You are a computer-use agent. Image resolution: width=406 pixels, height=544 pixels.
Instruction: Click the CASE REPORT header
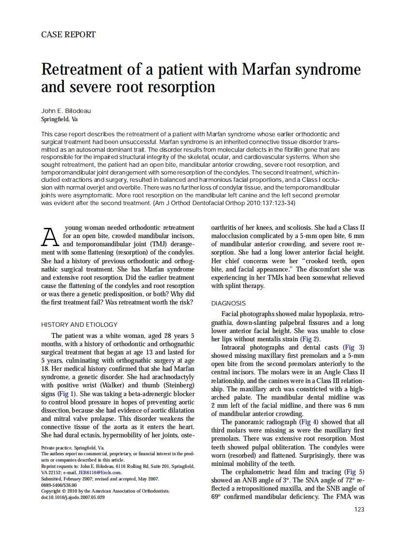click(x=68, y=34)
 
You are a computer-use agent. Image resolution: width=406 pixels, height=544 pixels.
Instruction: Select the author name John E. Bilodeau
click(x=66, y=111)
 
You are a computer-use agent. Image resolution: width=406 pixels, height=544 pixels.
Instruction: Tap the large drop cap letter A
click(x=51, y=237)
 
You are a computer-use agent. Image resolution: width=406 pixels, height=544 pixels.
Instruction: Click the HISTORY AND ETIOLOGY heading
click(x=79, y=324)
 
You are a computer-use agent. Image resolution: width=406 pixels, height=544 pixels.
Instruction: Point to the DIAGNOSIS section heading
click(x=228, y=303)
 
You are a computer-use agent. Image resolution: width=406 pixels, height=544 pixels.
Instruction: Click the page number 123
click(x=359, y=509)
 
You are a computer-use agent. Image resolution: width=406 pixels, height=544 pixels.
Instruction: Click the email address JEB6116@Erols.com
click(x=100, y=472)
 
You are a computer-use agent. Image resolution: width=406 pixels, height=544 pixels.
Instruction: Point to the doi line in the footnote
click(x=73, y=497)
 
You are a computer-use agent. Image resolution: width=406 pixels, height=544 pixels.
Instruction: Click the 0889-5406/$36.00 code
click(x=59, y=484)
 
